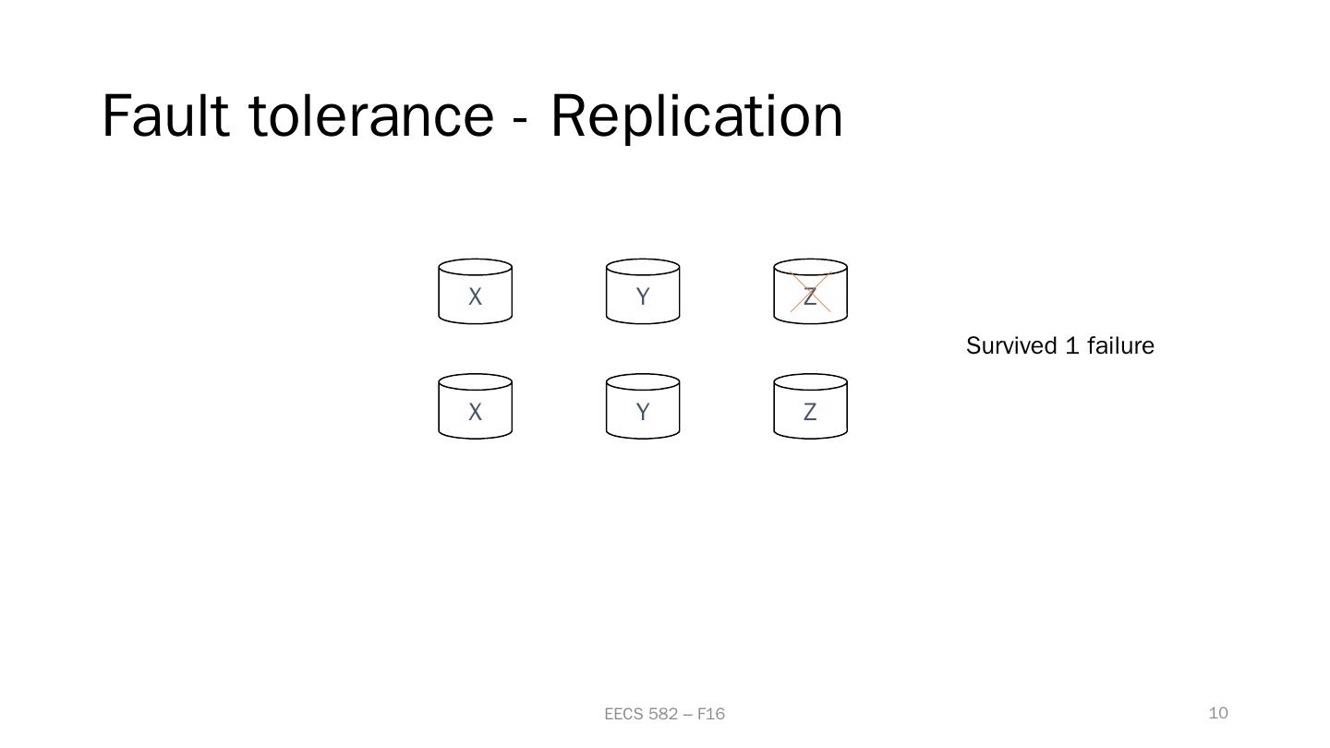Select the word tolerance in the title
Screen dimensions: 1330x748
[371, 116]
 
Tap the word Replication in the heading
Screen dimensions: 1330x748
[696, 116]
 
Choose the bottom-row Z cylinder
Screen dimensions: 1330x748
[810, 406]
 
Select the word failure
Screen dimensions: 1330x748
[1120, 346]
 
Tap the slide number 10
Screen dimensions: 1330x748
[1218, 713]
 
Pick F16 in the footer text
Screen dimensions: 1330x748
[711, 714]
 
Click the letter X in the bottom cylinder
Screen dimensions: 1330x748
[475, 413]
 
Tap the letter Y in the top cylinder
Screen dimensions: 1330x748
[643, 297]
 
